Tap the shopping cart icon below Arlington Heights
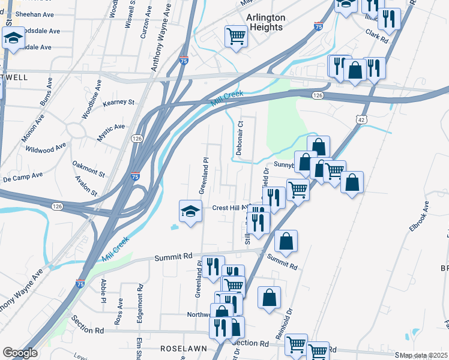236,36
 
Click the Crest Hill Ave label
231,208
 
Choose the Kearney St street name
118,103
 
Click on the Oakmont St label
88,168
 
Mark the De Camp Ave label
23,176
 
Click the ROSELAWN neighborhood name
184,348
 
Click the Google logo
20,353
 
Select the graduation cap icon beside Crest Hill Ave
190,212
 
